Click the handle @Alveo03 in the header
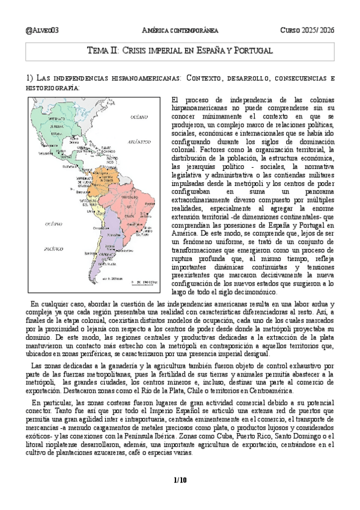point(43,30)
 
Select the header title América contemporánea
point(179,30)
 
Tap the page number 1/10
point(180,479)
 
